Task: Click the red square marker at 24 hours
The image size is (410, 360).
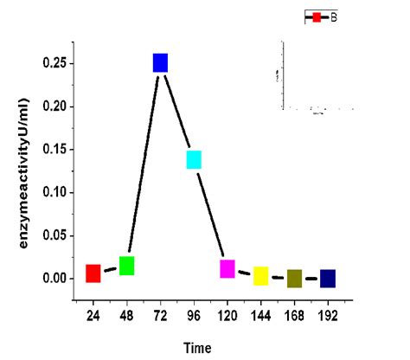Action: coord(93,273)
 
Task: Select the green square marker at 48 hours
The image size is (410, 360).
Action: coord(126,266)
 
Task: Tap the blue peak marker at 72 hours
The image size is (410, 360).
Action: coord(160,62)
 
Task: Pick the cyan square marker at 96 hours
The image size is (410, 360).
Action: coord(194,159)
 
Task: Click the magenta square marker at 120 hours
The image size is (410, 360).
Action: coord(227,269)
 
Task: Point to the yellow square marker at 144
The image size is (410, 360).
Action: coord(260,276)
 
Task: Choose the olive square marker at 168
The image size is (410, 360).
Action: coord(294,279)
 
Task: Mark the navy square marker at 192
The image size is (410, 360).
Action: coord(328,279)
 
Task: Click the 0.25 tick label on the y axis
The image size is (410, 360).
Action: coord(53,63)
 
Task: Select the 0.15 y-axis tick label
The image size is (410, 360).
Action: coord(53,149)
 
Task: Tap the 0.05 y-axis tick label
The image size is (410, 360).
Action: coord(53,235)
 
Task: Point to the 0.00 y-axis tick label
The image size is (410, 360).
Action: coord(53,279)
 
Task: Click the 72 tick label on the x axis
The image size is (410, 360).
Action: coord(160,317)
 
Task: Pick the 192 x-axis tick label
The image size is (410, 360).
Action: coord(328,317)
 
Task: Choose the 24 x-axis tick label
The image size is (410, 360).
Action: coord(93,317)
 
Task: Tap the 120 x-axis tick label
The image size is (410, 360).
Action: coord(227,317)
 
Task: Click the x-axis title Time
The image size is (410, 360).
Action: coord(196,348)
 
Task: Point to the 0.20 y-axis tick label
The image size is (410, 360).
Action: coord(53,106)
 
